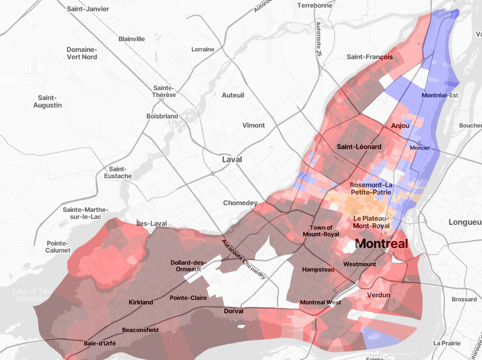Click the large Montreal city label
[x=381, y=244]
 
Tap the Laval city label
[x=232, y=160]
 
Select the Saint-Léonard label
[x=359, y=147]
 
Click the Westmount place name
[x=359, y=264]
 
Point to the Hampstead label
[x=318, y=270]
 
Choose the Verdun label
[x=379, y=295]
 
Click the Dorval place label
[x=234, y=311]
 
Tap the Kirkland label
[x=141, y=302]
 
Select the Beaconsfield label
[x=140, y=330]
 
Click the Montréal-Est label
[x=440, y=95]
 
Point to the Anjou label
[x=400, y=126]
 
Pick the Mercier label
[x=420, y=148]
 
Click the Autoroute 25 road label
[x=318, y=39]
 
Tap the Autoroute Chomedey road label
[x=243, y=259]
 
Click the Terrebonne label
[x=315, y=5]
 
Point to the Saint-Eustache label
[x=117, y=173]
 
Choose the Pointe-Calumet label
[x=58, y=247]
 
